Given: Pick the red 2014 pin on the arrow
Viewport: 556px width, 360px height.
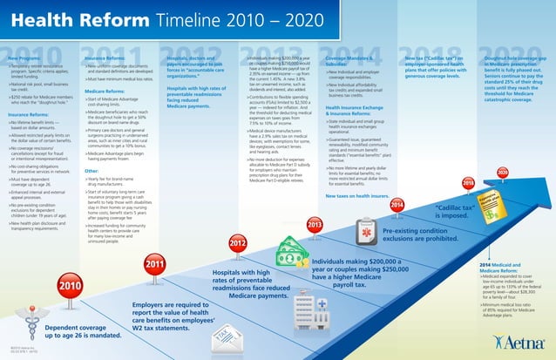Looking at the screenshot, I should coord(397,180).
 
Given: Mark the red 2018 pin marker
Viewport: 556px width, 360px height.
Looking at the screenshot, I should coord(468,159).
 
